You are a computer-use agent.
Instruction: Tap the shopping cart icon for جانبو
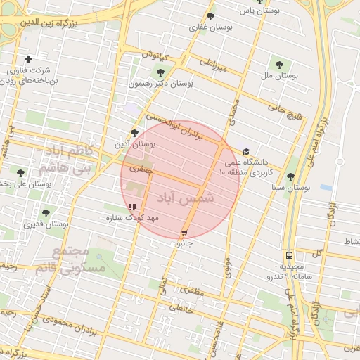184,232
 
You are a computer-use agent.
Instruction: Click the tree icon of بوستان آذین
134,132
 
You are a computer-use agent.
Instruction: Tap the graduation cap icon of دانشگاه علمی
246,151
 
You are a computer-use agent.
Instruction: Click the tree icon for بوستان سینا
290,176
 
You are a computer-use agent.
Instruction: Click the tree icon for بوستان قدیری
46,213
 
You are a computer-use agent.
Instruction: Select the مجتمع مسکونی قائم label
77,259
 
